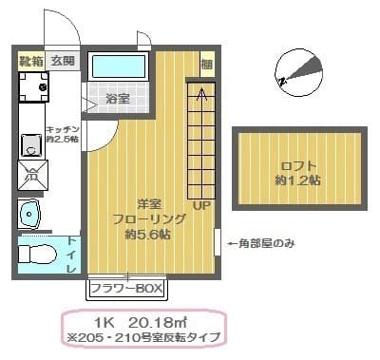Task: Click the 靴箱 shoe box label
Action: [31, 60]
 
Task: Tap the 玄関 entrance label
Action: [62, 60]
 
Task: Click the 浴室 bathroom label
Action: [118, 98]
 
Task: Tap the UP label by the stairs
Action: [201, 204]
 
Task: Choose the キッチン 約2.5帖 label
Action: [61, 133]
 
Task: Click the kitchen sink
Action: [30, 144]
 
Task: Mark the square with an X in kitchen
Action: [30, 175]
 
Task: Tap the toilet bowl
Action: [36, 254]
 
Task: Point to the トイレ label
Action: [71, 255]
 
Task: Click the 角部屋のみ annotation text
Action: [262, 243]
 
